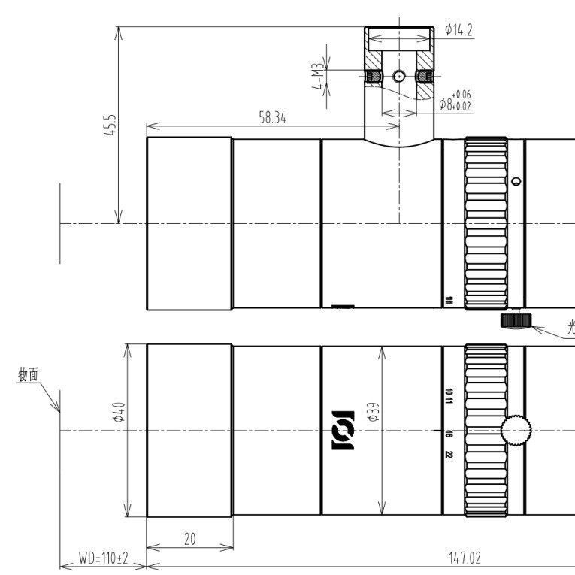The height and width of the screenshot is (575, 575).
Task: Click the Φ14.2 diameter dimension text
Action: point(458,30)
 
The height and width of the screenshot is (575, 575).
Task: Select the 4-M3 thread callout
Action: point(319,77)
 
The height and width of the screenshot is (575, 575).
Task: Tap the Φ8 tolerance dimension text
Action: point(455,101)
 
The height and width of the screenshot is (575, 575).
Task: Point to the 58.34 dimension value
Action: point(273,118)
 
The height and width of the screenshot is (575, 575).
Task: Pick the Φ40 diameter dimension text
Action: point(120,413)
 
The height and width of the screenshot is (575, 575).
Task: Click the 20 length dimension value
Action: point(189,539)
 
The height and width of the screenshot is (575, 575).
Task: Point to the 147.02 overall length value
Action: point(465,558)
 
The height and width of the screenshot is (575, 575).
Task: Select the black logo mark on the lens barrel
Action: point(342,431)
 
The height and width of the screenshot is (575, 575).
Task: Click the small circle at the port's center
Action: point(399,76)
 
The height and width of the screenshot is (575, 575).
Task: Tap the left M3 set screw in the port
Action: point(371,76)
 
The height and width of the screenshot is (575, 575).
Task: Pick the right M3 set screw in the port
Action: point(425,76)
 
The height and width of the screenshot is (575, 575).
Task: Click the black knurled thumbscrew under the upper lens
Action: point(515,322)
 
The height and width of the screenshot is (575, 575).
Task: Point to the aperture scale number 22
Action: point(448,454)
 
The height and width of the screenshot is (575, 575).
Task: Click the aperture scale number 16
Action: point(448,434)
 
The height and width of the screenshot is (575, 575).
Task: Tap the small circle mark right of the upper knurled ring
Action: point(516,181)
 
